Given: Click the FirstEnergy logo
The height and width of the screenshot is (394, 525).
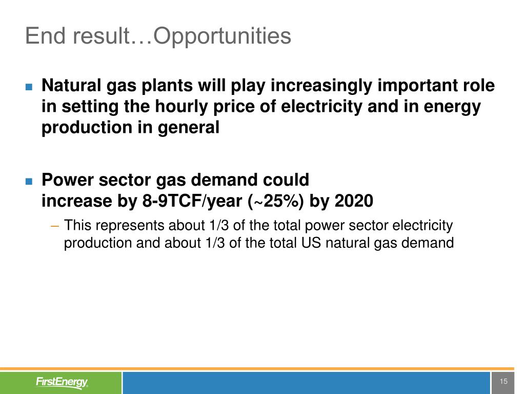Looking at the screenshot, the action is pos(62,382).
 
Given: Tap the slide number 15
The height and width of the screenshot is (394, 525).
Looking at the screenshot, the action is pos(503,381).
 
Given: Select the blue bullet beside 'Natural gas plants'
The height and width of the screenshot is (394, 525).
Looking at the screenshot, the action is pos(29,87).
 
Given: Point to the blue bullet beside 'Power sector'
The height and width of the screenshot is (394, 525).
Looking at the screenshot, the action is pos(29,181).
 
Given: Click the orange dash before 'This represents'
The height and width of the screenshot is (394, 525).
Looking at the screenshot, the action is pos(54,226).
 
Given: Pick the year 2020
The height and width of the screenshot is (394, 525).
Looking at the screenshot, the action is pos(354,201).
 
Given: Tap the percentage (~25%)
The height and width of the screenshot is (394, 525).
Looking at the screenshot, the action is pos(276,202).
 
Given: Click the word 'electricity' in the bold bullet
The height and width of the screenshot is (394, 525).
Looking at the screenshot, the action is pos(321,107).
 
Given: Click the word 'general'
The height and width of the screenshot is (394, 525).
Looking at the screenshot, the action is pos(189,128).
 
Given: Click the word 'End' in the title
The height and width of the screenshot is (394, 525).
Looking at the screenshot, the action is pos(45,35).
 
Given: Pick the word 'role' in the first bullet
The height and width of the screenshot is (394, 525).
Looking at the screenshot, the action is pos(479,85).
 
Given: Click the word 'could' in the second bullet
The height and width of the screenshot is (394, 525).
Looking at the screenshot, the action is pos(286,180).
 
